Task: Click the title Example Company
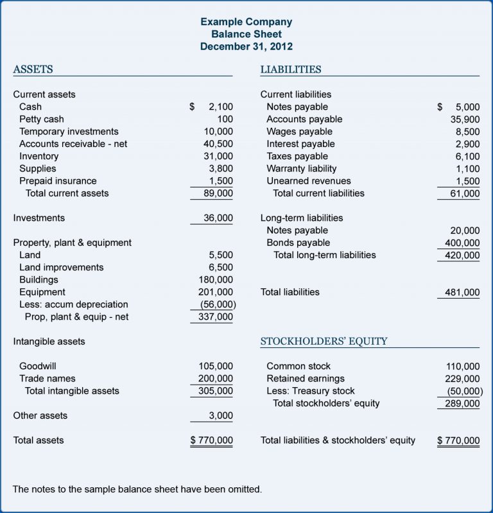click(246, 22)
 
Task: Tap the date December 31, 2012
click(246, 46)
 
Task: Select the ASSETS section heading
click(33, 69)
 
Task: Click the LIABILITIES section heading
click(291, 69)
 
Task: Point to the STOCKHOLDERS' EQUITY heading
click(324, 342)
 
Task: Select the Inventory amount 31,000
click(218, 157)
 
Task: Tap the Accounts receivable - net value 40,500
click(218, 144)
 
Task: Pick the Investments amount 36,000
click(218, 218)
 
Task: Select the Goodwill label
click(38, 367)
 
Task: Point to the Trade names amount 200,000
click(216, 379)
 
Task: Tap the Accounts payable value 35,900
click(465, 119)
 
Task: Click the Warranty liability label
click(301, 169)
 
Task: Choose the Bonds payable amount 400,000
click(462, 243)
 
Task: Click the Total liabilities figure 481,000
click(462, 293)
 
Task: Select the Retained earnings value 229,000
click(462, 379)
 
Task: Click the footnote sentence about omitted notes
click(137, 489)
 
